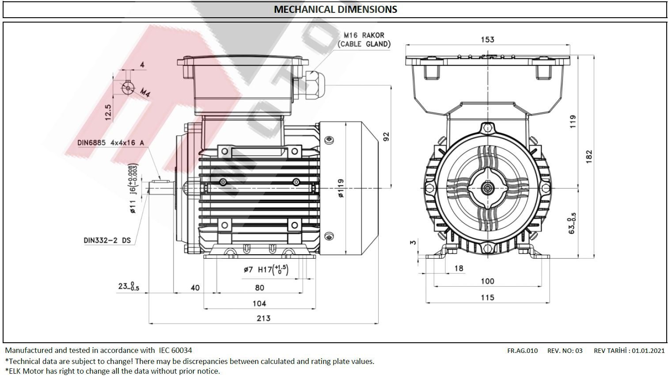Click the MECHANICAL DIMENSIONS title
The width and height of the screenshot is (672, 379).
click(335, 9)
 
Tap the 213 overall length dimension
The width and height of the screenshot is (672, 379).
click(263, 318)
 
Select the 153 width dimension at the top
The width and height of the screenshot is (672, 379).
click(487, 39)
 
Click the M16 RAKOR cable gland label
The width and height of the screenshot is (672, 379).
click(364, 39)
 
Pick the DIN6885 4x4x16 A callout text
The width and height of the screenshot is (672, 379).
click(110, 143)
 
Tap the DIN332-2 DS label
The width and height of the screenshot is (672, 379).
click(107, 241)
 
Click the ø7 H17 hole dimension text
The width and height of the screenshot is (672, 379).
click(266, 269)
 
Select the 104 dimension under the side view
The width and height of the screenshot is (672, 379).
click(259, 303)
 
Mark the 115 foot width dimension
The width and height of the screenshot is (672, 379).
click(487, 298)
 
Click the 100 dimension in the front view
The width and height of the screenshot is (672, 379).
click(487, 281)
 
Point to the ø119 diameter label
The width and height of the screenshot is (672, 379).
click(341, 188)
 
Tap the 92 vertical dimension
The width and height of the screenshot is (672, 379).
click(386, 136)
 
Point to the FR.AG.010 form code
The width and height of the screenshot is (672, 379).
click(522, 351)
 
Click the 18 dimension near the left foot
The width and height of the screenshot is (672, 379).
click(459, 268)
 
